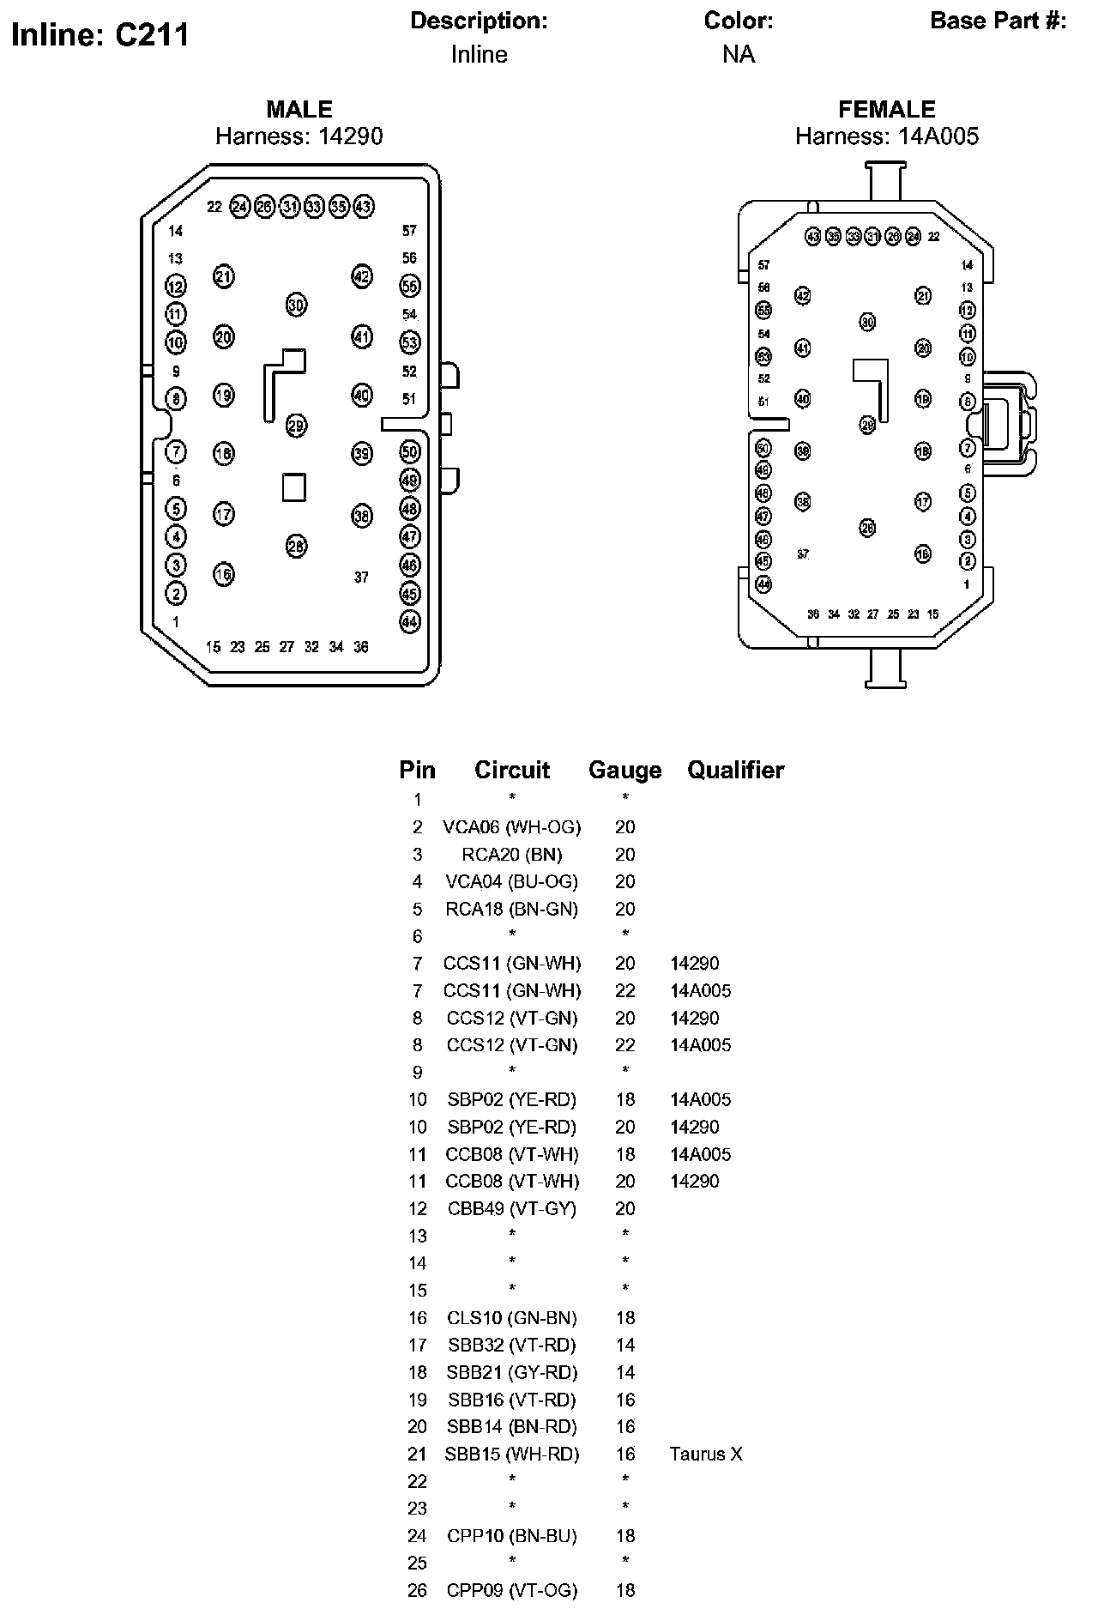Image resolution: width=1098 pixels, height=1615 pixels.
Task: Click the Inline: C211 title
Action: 100,35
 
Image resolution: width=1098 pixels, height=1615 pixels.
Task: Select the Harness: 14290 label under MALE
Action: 299,136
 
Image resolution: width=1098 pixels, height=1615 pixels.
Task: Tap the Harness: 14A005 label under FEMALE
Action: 886,136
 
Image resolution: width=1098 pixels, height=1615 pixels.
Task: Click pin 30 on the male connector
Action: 296,305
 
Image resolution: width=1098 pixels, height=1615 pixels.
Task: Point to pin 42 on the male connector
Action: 362,276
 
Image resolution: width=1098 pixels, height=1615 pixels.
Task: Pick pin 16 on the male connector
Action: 223,573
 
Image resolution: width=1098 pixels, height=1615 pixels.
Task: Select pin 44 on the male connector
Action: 410,622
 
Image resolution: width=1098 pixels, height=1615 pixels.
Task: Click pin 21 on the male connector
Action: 223,276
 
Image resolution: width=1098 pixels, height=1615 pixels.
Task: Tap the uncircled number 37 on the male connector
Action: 361,578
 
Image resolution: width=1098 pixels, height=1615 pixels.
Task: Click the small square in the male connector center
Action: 294,487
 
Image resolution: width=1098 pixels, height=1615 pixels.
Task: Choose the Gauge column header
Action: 624,771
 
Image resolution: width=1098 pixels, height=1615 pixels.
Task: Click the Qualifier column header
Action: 735,770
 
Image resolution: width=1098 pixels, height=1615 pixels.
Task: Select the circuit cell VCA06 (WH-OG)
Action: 512,827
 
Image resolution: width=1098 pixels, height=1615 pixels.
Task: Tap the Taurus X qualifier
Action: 706,1454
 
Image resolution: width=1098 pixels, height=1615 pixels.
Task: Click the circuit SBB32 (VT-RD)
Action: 512,1345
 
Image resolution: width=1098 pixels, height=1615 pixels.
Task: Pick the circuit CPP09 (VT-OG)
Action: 512,1590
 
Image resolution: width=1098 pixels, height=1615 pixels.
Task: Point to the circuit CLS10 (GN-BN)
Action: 512,1317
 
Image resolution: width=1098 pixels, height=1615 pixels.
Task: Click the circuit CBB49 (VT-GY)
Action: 512,1208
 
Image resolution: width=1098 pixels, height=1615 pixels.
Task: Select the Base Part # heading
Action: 998,21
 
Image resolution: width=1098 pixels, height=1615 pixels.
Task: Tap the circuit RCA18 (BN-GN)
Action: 512,909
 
